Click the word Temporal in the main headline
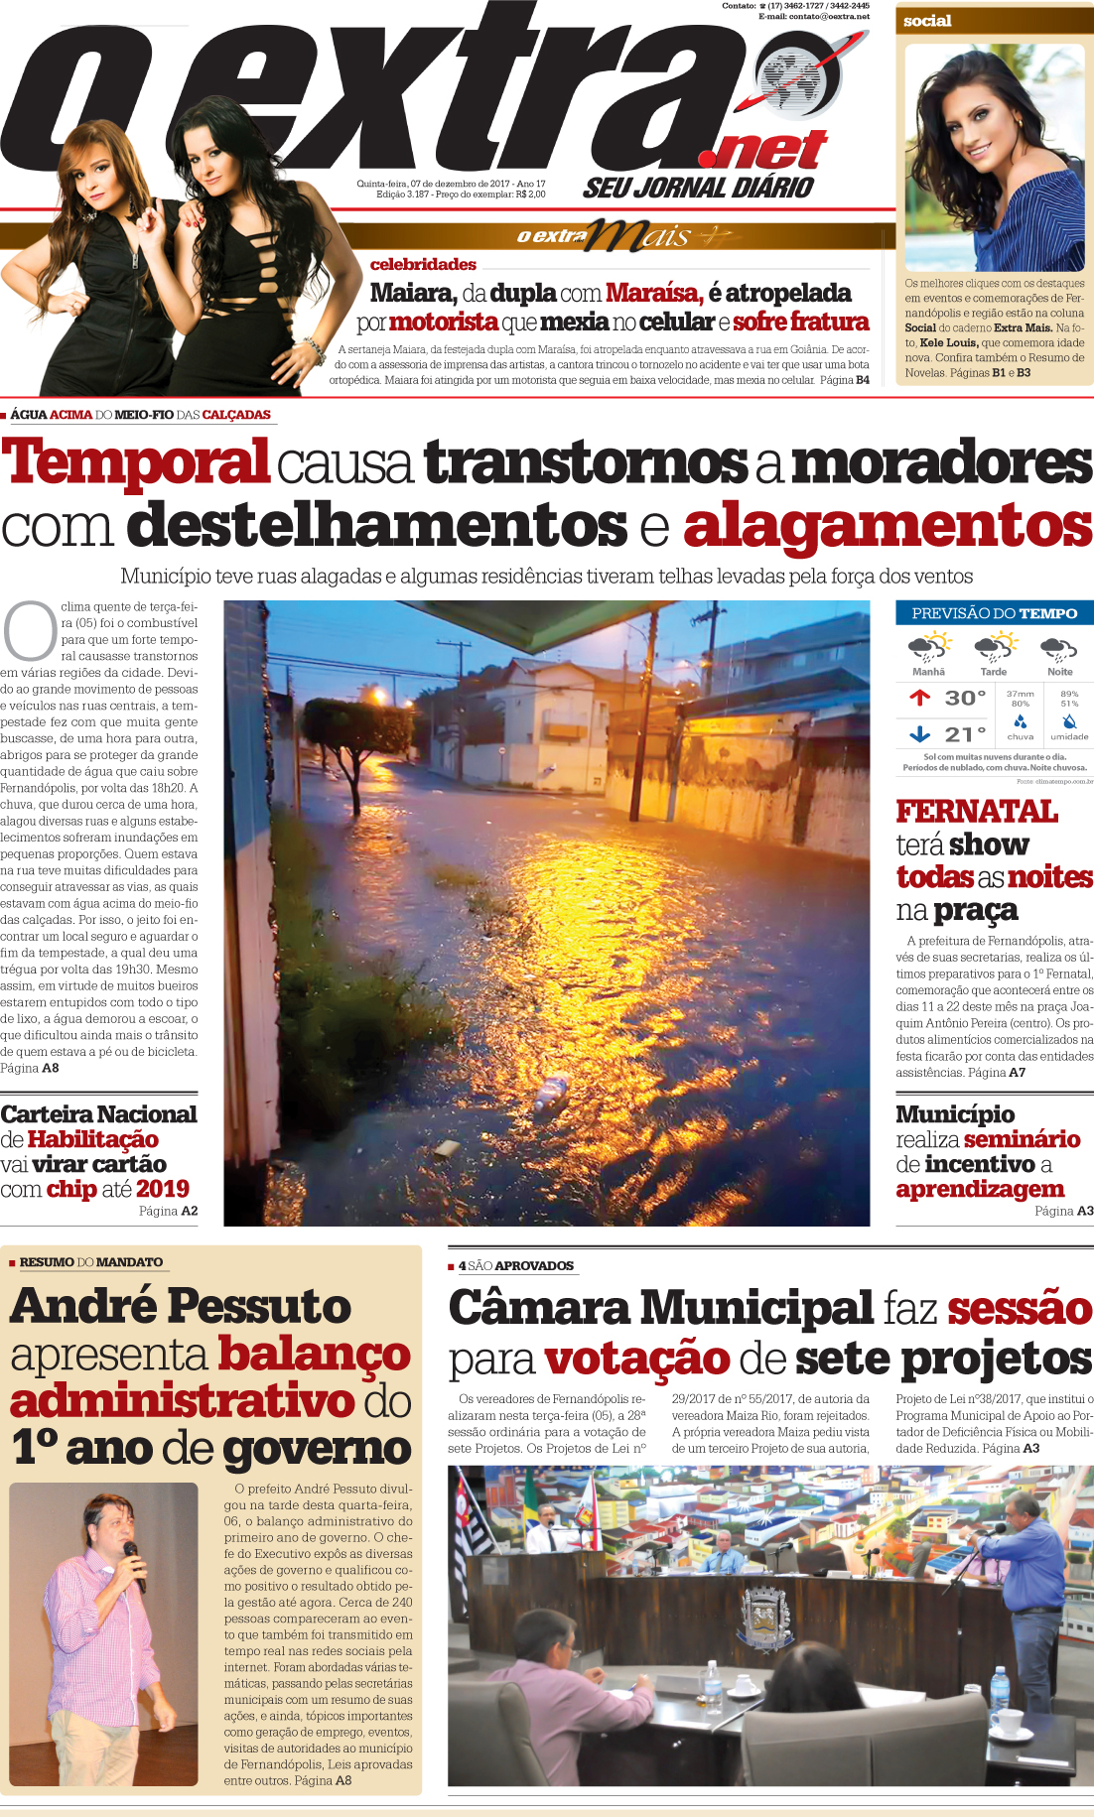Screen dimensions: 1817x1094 pos(135,462)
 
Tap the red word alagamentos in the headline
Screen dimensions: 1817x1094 pos(888,525)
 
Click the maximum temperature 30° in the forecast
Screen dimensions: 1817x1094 pos(964,698)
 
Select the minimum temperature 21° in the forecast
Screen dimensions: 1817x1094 pos(964,734)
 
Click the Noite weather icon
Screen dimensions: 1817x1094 pos(1058,649)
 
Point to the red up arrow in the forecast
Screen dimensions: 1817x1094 pos(919,698)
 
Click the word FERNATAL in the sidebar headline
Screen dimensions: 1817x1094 pos(977,812)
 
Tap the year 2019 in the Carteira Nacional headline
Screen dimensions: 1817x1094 pos(163,1188)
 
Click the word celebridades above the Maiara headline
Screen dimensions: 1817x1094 pos(423,264)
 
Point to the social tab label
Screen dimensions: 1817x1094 pos(927,21)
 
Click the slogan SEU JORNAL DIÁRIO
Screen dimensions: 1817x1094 pos(698,187)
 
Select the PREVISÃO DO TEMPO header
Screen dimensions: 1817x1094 pos(994,613)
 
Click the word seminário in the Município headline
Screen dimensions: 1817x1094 pos(1022,1138)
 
